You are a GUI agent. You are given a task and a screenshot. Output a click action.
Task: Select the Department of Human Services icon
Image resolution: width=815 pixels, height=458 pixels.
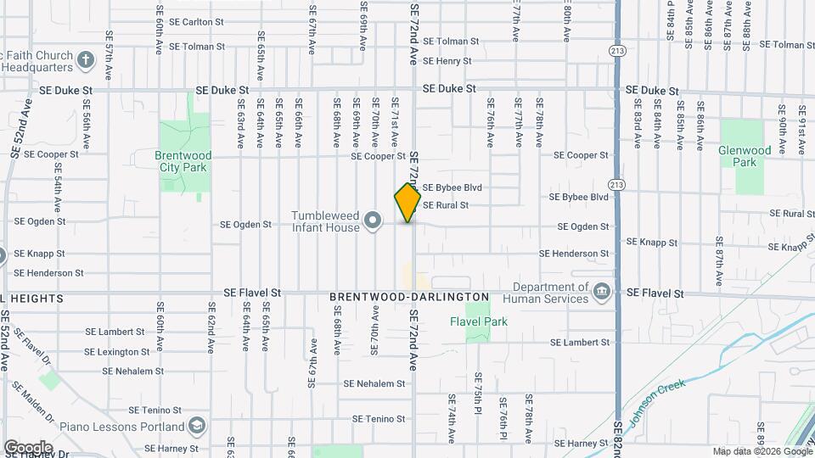[602, 293]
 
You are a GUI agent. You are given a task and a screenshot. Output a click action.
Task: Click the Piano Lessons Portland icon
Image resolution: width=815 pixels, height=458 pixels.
[197, 426]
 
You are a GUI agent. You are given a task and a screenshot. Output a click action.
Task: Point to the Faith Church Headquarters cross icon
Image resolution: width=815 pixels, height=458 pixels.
[85, 59]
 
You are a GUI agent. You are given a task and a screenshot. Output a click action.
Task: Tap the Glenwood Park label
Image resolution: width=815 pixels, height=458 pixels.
[744, 156]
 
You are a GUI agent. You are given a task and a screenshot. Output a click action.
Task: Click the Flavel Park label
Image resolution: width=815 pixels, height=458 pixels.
[477, 321]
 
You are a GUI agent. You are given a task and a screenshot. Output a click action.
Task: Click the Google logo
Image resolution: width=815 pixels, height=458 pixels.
[27, 448]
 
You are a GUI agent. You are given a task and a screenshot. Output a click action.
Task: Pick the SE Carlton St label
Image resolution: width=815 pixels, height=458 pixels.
[196, 22]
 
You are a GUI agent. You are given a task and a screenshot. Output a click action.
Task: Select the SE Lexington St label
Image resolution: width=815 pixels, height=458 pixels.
[111, 352]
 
